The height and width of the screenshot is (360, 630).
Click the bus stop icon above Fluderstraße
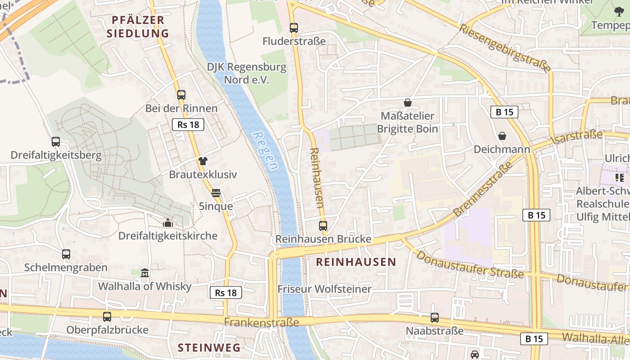tap(294, 28)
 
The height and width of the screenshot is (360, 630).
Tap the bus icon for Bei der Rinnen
tap(181, 95)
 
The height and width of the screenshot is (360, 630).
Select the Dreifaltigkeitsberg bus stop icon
tap(56, 142)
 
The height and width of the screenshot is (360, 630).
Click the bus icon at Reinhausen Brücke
tap(323, 226)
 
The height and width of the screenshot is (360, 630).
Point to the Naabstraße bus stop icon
tap(435, 318)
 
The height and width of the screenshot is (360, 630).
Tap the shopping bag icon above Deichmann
tap(502, 135)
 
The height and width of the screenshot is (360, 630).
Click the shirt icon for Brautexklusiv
tap(203, 161)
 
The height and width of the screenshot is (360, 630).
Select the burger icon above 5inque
tap(216, 193)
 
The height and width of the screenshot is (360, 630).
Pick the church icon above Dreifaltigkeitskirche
tap(168, 223)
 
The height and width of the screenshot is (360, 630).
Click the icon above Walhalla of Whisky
tap(145, 273)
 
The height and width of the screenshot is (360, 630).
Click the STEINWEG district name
tap(209, 347)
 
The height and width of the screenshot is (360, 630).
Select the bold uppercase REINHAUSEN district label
tap(356, 262)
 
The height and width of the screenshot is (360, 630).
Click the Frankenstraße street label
tap(261, 322)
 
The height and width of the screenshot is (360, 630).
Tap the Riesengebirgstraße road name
tap(505, 48)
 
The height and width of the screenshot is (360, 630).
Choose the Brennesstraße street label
tap(483, 189)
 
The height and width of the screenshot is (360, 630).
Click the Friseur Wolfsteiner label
tap(324, 289)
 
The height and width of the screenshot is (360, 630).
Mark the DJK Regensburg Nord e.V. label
tap(247, 73)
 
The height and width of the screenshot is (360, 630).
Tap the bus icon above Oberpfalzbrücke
tap(107, 316)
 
